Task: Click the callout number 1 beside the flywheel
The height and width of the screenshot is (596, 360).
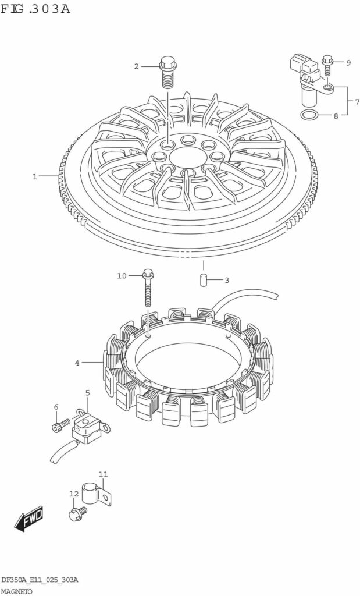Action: coord(34,176)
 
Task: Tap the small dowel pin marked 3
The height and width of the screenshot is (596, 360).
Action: coord(203,281)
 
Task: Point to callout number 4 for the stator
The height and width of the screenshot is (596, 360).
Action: coord(77,363)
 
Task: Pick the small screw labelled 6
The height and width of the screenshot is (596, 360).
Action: coord(60,425)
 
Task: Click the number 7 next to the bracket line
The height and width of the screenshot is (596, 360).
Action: coord(357,101)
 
